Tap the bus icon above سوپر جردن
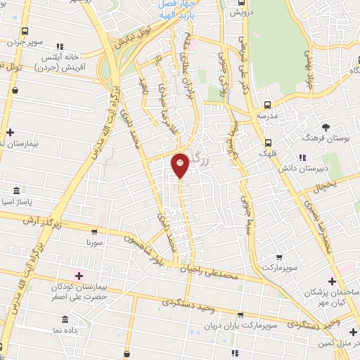25,32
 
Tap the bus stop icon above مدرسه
264,103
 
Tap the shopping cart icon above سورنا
94,230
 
